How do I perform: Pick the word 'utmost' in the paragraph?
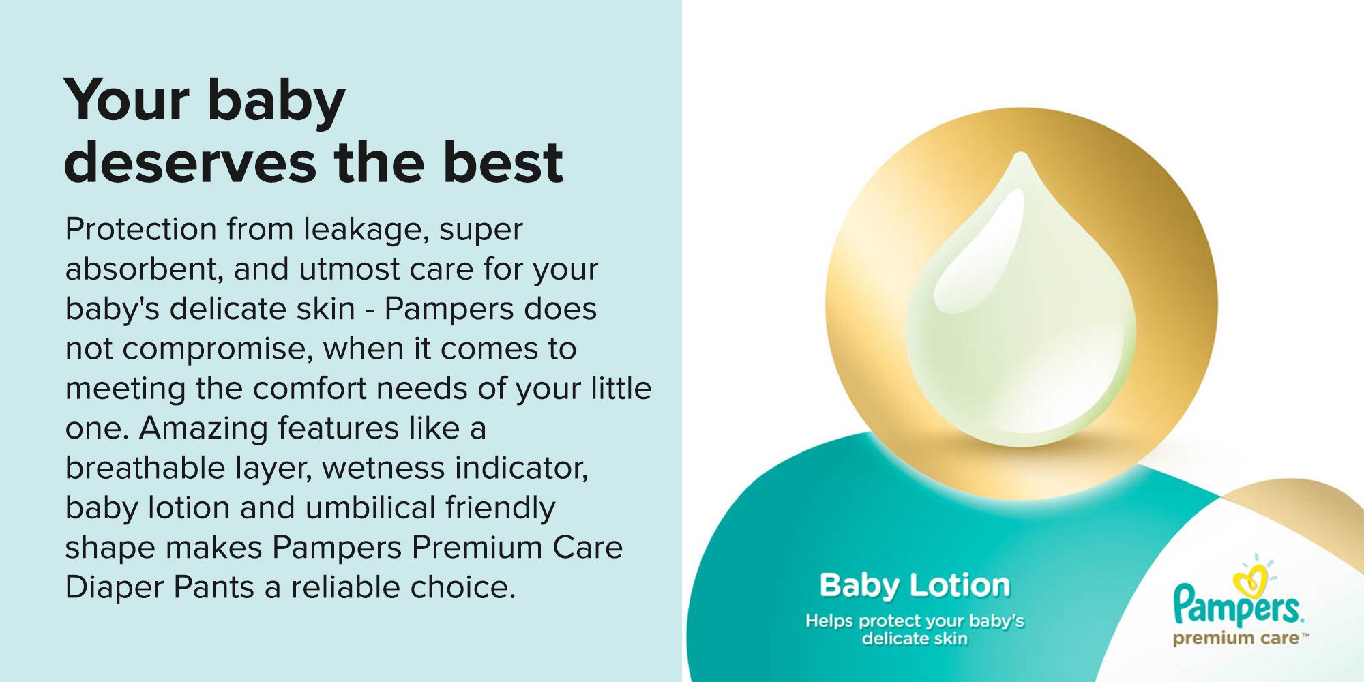pyautogui.click(x=349, y=270)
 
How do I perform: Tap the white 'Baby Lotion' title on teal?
pyautogui.click(x=915, y=586)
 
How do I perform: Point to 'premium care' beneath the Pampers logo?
pyautogui.click(x=1236, y=639)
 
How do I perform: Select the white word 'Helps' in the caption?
pyautogui.click(x=829, y=621)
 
